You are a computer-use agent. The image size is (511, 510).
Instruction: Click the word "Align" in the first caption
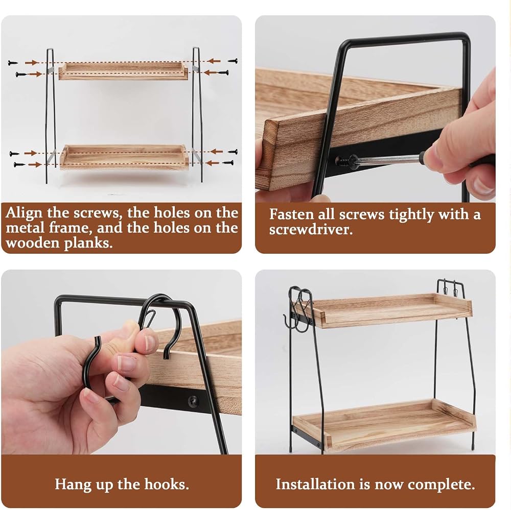(24, 213)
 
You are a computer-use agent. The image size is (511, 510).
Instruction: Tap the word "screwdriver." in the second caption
(311, 230)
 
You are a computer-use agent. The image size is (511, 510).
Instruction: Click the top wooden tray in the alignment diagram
(124, 71)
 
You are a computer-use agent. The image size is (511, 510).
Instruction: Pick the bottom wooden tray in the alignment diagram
(124, 157)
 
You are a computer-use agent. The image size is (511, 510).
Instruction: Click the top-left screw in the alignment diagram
(13, 63)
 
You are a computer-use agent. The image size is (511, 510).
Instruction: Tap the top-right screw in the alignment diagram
(233, 61)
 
